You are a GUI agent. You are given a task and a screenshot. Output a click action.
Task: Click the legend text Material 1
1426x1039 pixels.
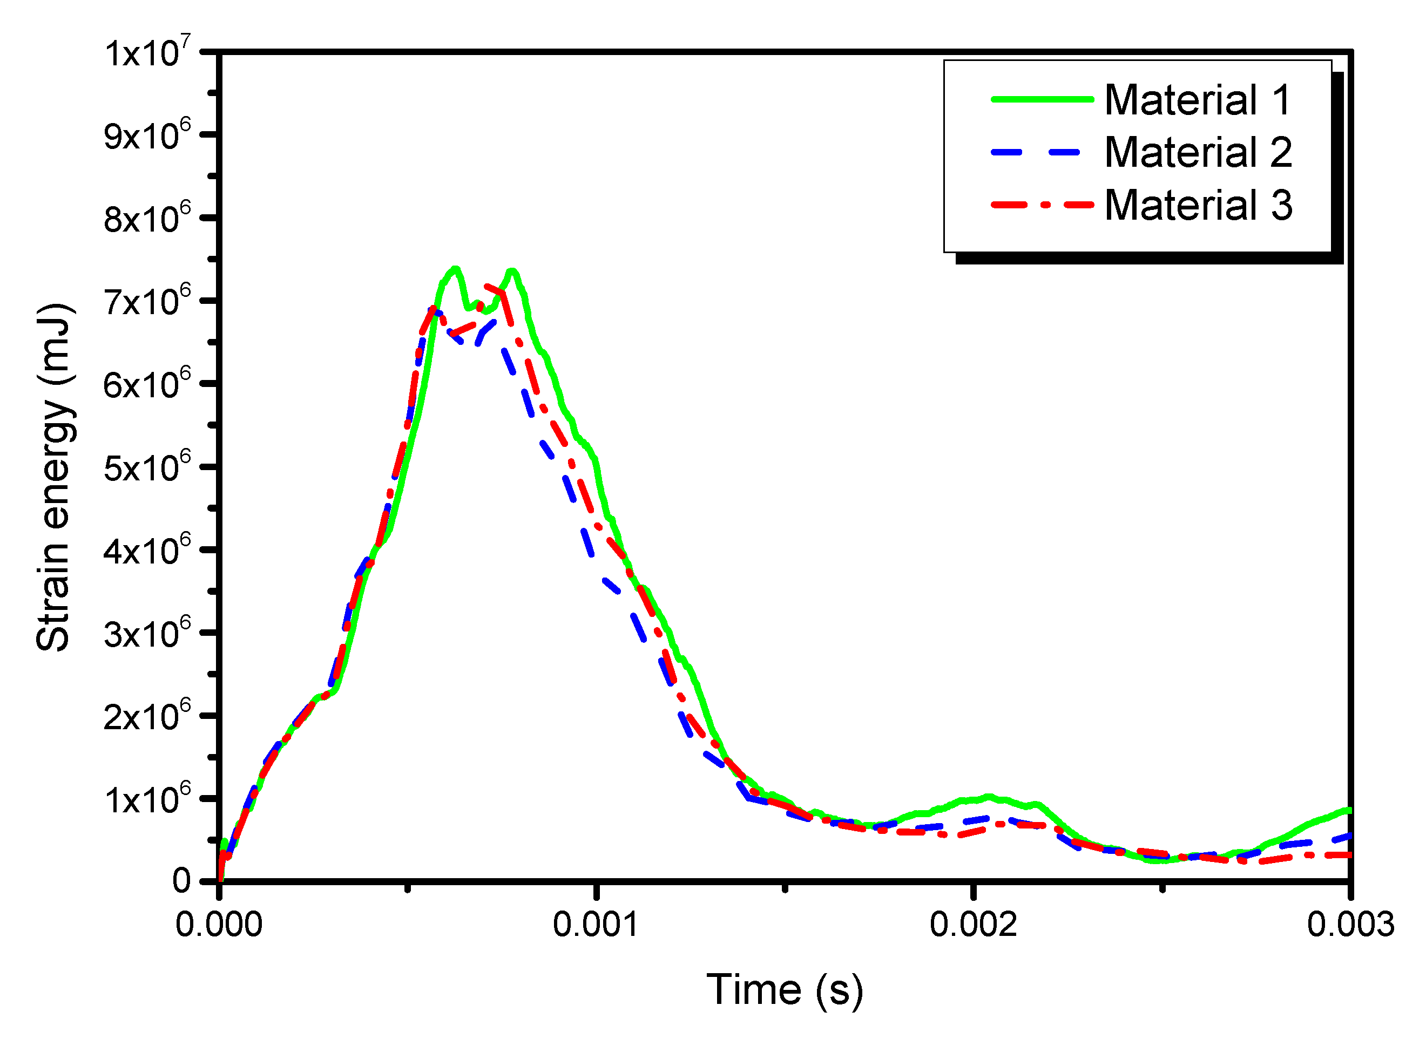(x=1198, y=100)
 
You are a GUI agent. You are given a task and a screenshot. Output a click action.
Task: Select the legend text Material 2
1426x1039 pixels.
(x=1198, y=152)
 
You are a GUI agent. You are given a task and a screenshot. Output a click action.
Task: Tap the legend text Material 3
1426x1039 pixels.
(x=1198, y=205)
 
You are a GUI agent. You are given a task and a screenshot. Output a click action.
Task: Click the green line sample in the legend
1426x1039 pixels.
(x=1042, y=99)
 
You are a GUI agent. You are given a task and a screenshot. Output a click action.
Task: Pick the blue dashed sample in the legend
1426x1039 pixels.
(x=1042, y=152)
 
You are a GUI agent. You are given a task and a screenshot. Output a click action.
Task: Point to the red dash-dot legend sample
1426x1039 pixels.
(x=1042, y=205)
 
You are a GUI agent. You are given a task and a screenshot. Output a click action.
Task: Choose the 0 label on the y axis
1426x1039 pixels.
(x=182, y=880)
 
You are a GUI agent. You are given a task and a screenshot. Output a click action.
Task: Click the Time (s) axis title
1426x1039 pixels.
(x=785, y=990)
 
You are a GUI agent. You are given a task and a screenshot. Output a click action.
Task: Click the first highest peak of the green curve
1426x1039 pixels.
(x=455, y=269)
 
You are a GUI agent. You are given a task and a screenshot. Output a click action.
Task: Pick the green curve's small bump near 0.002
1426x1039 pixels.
(x=988, y=798)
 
